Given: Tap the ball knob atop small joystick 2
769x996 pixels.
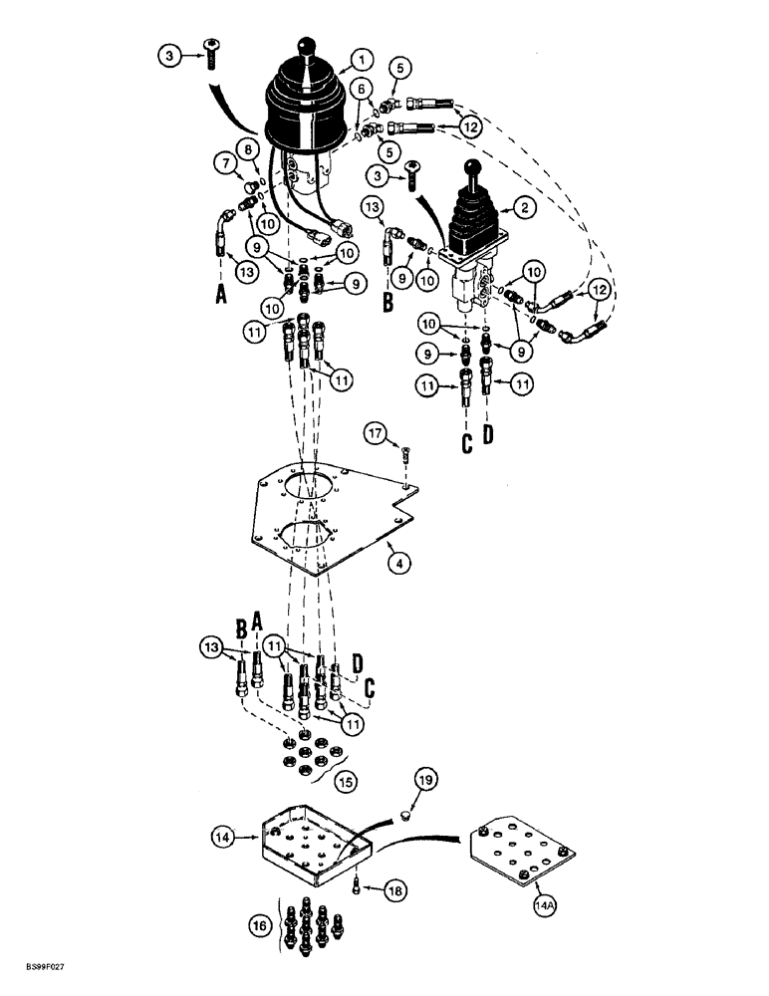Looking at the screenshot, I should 478,170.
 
